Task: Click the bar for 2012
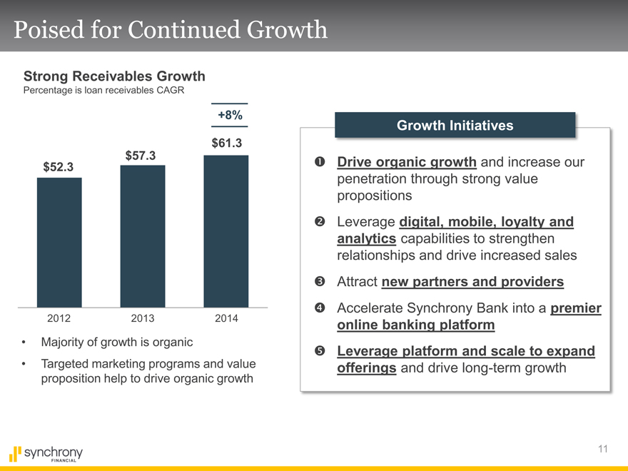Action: click(x=59, y=242)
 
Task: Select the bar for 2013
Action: click(x=143, y=236)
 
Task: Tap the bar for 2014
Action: click(x=226, y=231)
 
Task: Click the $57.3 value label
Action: click(x=141, y=156)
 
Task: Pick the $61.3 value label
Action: click(x=226, y=143)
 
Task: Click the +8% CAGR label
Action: click(x=229, y=115)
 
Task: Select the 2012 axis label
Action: click(x=59, y=318)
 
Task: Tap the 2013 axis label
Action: click(x=143, y=318)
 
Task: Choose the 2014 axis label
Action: click(x=226, y=318)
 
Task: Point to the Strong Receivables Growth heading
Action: click(x=114, y=76)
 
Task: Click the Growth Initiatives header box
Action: click(x=455, y=126)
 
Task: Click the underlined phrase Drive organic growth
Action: click(x=407, y=163)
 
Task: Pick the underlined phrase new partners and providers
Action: click(x=472, y=282)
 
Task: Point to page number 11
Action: click(x=603, y=449)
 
